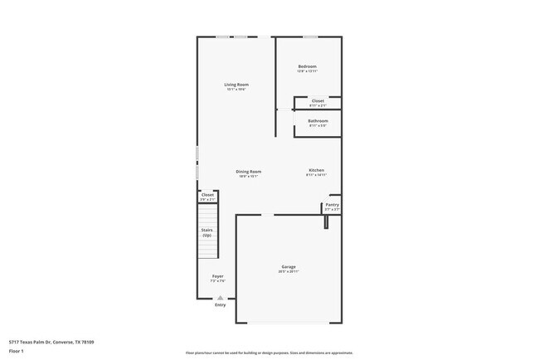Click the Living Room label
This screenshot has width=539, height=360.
pos(236,85)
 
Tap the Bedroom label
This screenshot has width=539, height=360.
pos(307,66)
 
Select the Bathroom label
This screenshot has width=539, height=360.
pos(318,121)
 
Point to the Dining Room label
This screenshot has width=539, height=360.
pos(249,172)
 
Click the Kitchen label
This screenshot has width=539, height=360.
pos(316,170)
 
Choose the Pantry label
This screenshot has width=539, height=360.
pos(332,205)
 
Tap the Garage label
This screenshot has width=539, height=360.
pos(289,267)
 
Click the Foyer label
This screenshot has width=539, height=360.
pos(217,276)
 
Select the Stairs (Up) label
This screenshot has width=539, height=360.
pos(207,233)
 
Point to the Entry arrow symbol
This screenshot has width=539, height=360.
pos(220,297)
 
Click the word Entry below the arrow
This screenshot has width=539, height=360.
pos(220,304)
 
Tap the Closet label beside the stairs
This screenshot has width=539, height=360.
pos(207,195)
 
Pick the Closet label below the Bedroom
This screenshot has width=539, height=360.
pos(318,100)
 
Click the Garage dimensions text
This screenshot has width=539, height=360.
pos(289,272)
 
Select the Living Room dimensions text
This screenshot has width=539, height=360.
pos(236,90)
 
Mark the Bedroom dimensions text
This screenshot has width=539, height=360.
pos(307,71)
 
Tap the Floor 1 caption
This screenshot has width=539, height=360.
pos(17,352)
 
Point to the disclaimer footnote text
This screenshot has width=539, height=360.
pos(269,353)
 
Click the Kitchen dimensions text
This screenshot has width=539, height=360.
pos(316,175)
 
